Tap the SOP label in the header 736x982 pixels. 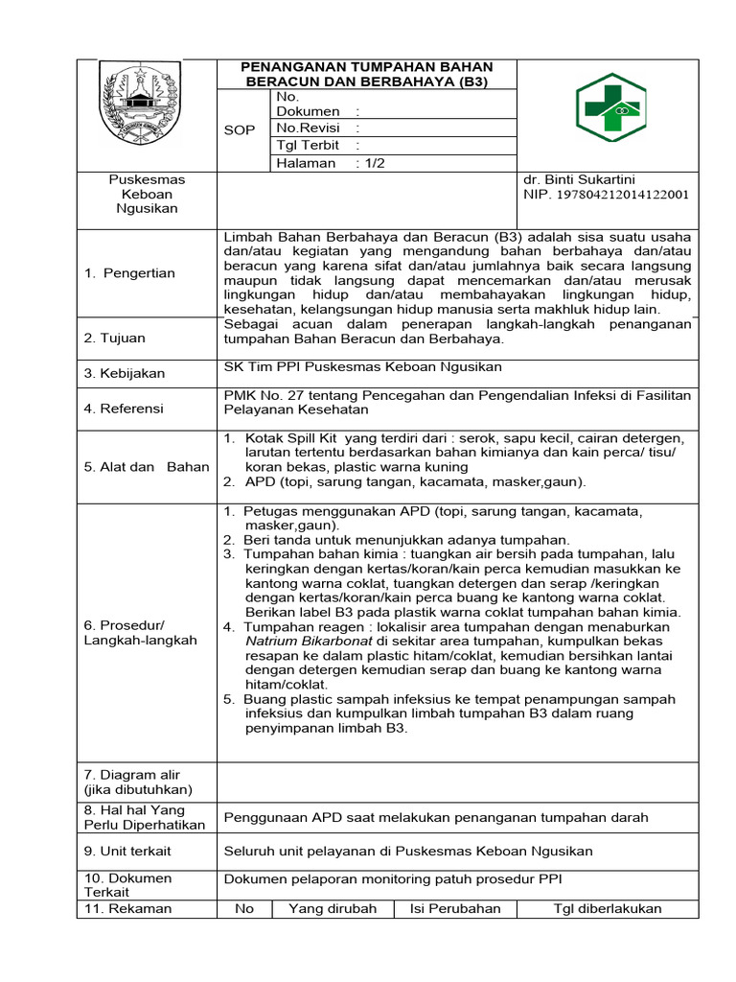240,130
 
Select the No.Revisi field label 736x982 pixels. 304,128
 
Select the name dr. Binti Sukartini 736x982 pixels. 579,179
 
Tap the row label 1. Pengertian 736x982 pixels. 129,273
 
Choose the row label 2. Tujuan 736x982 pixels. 115,339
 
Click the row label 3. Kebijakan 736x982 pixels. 125,373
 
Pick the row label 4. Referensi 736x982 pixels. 124,409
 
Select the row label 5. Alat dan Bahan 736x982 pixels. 146,467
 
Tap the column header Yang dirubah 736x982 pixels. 333,909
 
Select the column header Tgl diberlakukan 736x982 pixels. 608,909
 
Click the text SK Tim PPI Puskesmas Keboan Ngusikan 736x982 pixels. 362,367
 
